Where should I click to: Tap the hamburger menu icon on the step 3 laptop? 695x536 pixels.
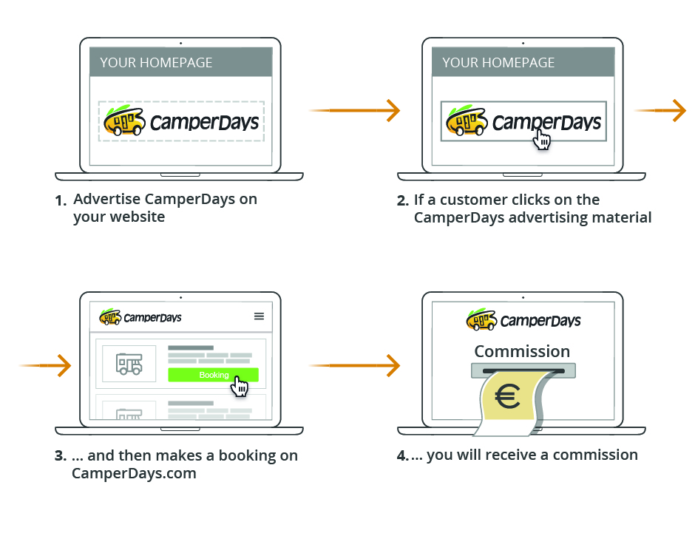pyautogui.click(x=259, y=316)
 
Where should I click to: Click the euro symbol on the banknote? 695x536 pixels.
pyautogui.click(x=508, y=398)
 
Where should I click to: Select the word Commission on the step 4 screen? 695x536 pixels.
pyautogui.click(x=522, y=351)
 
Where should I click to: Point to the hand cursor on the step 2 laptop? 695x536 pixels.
pyautogui.click(x=542, y=139)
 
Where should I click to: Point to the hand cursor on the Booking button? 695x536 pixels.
pyautogui.click(x=239, y=385)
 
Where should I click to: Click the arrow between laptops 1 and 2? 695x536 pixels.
pyautogui.click(x=355, y=111)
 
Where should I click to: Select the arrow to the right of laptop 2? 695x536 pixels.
pyautogui.click(x=661, y=111)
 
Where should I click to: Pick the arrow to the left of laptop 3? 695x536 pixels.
pyautogui.click(x=45, y=365)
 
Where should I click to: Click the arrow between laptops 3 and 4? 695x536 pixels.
pyautogui.click(x=355, y=365)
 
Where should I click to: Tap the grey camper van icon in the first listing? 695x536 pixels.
pyautogui.click(x=129, y=363)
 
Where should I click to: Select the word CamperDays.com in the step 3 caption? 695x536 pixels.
pyautogui.click(x=134, y=473)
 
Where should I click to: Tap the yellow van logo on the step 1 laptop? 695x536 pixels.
pyautogui.click(x=123, y=121)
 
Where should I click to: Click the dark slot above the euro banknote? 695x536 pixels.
pyautogui.click(x=522, y=369)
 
